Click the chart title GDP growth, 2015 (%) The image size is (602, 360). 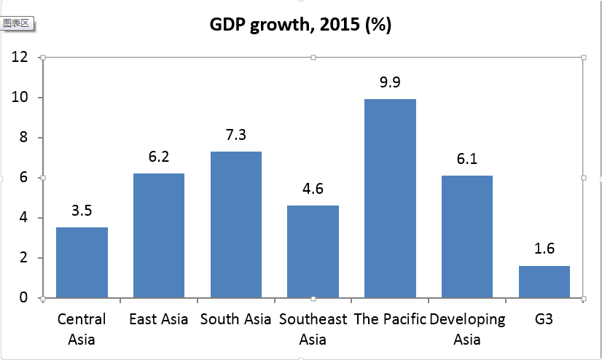pos(301,25)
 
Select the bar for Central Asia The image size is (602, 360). pos(82,262)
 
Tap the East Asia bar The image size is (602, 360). pos(158,235)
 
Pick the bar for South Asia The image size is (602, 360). pos(235,224)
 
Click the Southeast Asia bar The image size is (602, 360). pos(313,251)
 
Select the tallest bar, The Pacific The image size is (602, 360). pos(390,198)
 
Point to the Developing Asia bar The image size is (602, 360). pos(467,237)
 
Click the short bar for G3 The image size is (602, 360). pos(544,281)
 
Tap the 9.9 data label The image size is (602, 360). pos(390,82)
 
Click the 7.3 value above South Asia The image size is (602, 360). pos(235,135)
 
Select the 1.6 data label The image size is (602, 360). pos(544,249)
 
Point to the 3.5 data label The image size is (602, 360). pos(82,211)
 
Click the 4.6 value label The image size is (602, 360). pos(313,189)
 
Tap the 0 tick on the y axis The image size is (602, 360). pos(24,298)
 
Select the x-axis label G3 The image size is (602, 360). pos(544,319)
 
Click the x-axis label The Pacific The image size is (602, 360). pos(390,319)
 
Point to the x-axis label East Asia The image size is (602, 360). pos(158,319)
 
